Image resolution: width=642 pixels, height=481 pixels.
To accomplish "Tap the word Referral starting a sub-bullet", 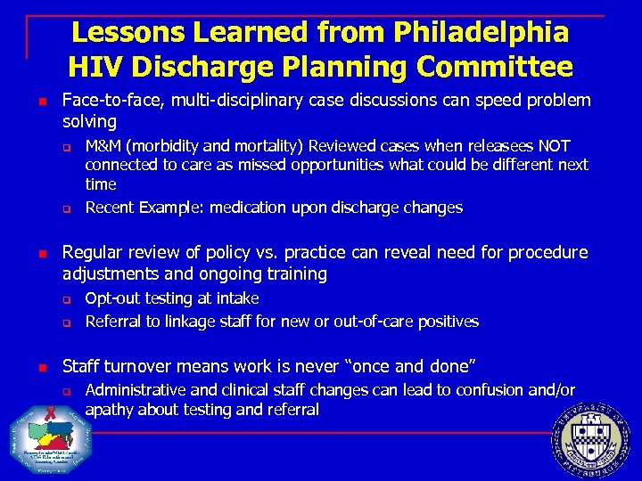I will pyautogui.click(x=113, y=322).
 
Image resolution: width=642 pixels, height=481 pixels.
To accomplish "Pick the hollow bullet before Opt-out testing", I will pyautogui.click(x=66, y=299).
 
